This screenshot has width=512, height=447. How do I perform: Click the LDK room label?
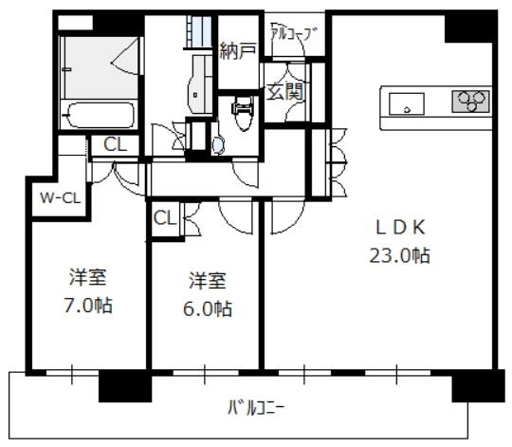(400, 228)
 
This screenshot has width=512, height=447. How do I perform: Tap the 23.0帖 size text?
(399, 255)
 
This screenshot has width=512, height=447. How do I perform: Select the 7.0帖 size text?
(88, 306)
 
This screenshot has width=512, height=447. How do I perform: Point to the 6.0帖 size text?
(208, 308)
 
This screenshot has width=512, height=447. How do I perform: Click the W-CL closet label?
(60, 197)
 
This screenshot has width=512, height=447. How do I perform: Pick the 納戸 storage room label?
(237, 50)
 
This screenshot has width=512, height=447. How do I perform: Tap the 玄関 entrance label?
(285, 91)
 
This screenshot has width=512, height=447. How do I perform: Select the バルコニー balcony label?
(256, 407)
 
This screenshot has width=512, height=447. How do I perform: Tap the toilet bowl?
(243, 114)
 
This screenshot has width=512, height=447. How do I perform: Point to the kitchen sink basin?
(407, 103)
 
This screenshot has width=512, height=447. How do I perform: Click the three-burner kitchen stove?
(471, 102)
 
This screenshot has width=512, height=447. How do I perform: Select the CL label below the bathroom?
(115, 144)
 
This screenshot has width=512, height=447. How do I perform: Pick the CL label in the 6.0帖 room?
(165, 218)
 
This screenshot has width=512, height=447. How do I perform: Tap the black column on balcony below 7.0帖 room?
(125, 386)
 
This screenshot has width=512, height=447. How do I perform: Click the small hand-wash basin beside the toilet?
(218, 145)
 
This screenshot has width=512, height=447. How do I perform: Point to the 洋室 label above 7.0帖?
(88, 277)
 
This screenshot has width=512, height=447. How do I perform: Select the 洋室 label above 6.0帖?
(208, 281)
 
